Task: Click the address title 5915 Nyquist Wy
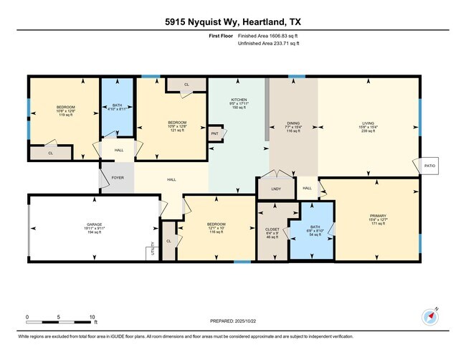232,21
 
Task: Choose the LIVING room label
368,126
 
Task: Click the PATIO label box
429,166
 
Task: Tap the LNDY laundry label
276,189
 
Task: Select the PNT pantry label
214,134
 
